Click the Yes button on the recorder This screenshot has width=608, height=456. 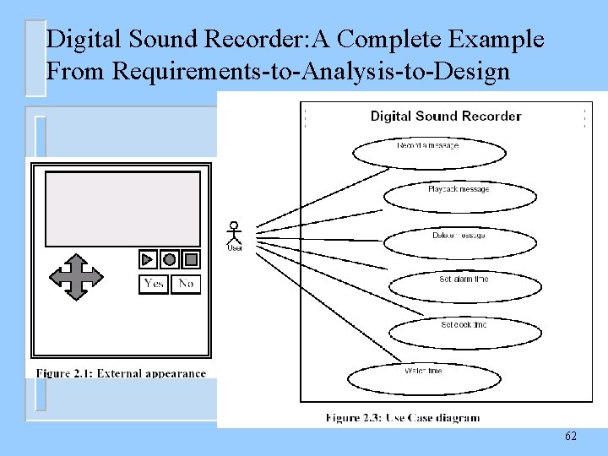coord(154,284)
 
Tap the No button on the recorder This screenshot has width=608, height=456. coord(186,284)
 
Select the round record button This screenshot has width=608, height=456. coord(170,259)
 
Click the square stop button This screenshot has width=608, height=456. coord(192,259)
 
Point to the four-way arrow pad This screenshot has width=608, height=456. coord(76,277)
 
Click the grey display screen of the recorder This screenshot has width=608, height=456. coord(122,209)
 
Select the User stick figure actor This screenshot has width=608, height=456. coord(235,235)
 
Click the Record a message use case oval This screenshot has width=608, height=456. coord(428,153)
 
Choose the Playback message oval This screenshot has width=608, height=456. coord(459,197)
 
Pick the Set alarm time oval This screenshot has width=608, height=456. coord(464,285)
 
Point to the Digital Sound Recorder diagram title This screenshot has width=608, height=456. coord(446,117)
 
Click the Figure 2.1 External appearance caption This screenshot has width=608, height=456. coord(121,373)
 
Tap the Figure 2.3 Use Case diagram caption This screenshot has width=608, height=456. coord(402,417)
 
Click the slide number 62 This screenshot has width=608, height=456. coord(571,436)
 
